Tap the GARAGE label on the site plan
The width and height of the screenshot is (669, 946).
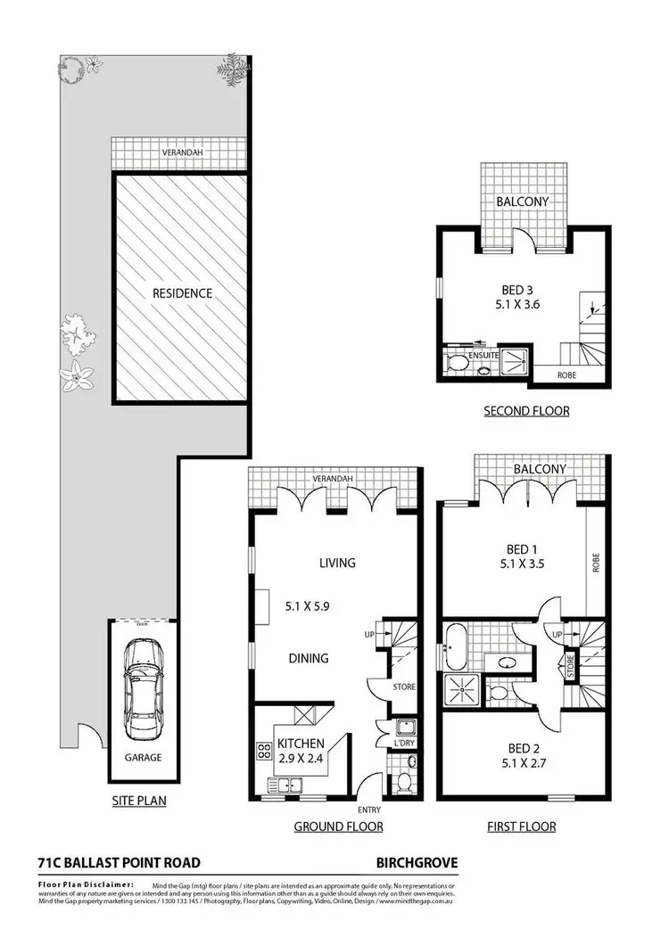pyautogui.click(x=142, y=757)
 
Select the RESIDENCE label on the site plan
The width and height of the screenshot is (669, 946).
pyautogui.click(x=181, y=292)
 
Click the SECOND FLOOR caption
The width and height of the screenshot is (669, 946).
pyautogui.click(x=526, y=411)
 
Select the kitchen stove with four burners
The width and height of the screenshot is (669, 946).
pyautogui.click(x=264, y=751)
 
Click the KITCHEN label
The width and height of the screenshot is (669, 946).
pyautogui.click(x=299, y=743)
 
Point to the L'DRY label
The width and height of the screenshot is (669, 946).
pyautogui.click(x=403, y=743)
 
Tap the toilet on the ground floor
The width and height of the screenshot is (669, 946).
pyautogui.click(x=403, y=782)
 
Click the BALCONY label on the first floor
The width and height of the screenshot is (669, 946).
pyautogui.click(x=540, y=469)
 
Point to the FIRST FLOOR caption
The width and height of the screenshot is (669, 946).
pyautogui.click(x=521, y=827)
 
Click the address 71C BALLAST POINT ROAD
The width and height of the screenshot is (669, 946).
pyautogui.click(x=119, y=862)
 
